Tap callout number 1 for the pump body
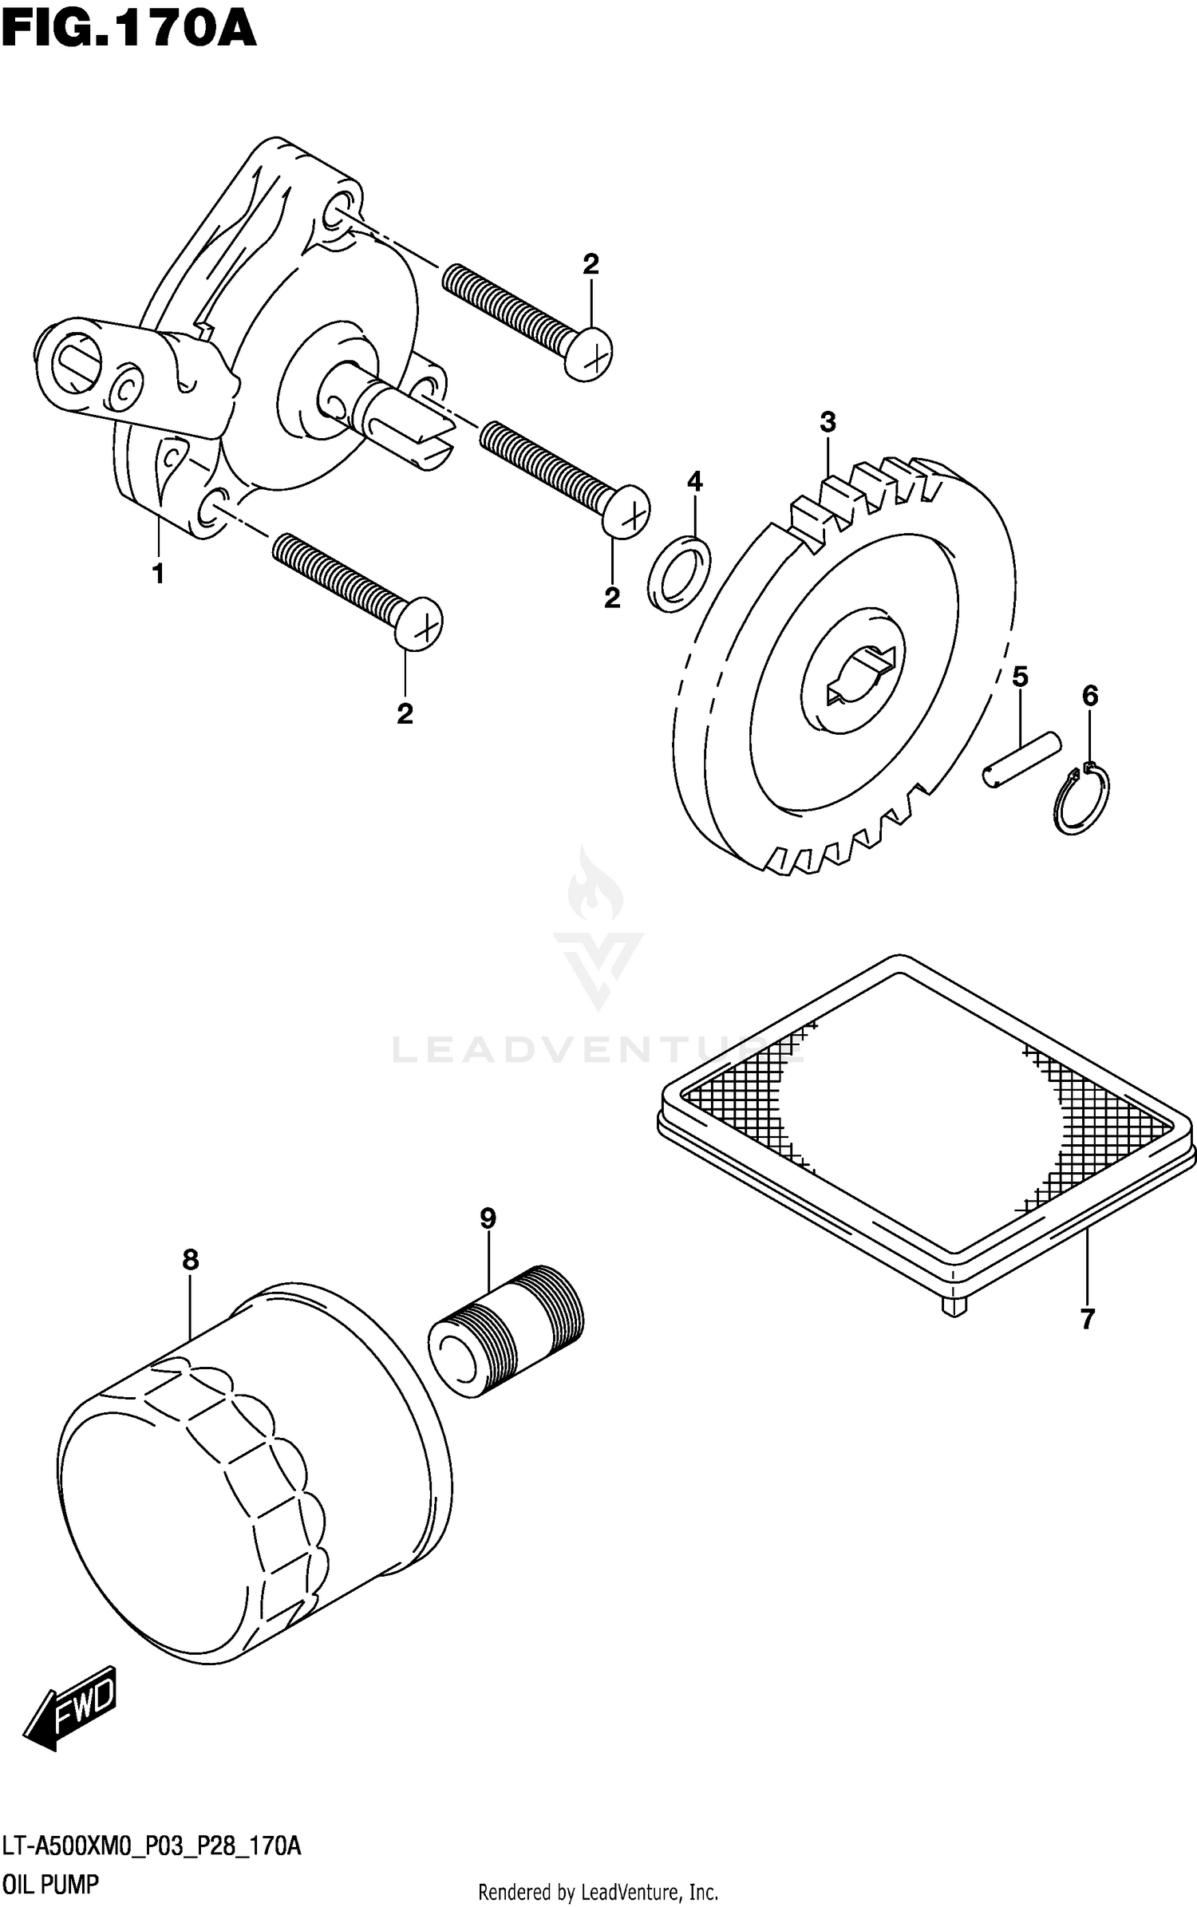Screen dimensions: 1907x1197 click(x=158, y=574)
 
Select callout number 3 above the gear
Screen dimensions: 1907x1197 click(x=828, y=422)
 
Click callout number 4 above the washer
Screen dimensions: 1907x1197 click(x=694, y=481)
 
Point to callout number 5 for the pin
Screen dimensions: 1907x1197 click(x=1020, y=677)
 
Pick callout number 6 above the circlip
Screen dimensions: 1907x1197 click(x=1090, y=696)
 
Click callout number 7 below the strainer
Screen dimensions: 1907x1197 click(x=1087, y=1319)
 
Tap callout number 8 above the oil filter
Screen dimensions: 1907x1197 click(x=190, y=1260)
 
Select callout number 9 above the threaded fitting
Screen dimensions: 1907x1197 click(x=488, y=1218)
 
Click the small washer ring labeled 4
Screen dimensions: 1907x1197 click(x=679, y=574)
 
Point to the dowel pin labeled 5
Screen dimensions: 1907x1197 click(x=1021, y=760)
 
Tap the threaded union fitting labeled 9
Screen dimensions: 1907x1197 click(x=507, y=1330)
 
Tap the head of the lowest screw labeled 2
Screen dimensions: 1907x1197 click(x=419, y=623)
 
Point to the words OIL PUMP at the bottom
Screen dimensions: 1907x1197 click(x=51, y=1885)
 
